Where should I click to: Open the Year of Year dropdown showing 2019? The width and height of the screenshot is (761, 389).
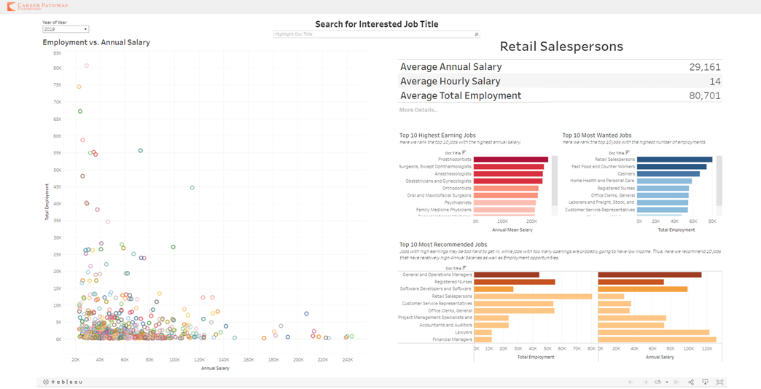(x=66, y=29)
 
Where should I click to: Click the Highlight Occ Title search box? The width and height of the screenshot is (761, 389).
(x=375, y=34)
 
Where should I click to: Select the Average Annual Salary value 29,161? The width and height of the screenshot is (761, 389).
(x=704, y=67)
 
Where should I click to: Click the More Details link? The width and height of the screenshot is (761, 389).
(x=418, y=110)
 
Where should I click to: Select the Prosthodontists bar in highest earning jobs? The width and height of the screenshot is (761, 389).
(x=511, y=160)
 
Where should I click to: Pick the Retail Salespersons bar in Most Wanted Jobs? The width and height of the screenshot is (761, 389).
(x=675, y=160)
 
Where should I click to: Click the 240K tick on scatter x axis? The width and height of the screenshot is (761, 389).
(x=348, y=360)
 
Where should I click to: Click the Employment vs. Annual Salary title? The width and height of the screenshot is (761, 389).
(x=96, y=42)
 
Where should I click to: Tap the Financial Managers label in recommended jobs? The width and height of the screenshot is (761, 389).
(x=452, y=339)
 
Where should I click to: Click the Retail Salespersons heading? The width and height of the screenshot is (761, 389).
(x=561, y=47)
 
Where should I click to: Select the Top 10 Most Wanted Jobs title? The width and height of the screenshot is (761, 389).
(x=597, y=135)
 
